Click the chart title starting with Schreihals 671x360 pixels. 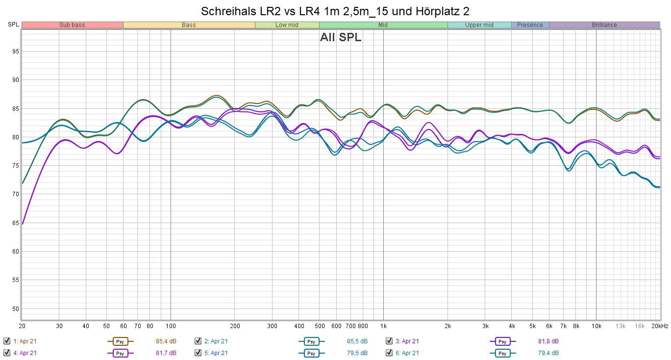coord(335,11)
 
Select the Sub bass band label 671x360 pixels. coord(72,25)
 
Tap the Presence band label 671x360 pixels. coord(530,25)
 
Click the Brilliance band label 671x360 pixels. coord(604,25)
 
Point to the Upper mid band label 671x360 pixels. coord(479,25)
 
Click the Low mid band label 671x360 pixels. coord(287,25)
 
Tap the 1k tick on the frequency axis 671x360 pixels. coord(383,326)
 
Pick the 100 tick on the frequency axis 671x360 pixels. coord(171,326)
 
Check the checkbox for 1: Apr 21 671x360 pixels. coord(6,341)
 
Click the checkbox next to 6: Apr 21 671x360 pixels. coord(389,353)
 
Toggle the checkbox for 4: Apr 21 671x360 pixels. coord(6,353)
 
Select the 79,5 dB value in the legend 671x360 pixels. coord(357,353)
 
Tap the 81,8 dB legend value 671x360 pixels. coord(548,341)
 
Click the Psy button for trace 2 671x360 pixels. coord(311,341)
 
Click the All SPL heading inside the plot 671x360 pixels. coord(341,38)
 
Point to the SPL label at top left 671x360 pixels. coord(13,25)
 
